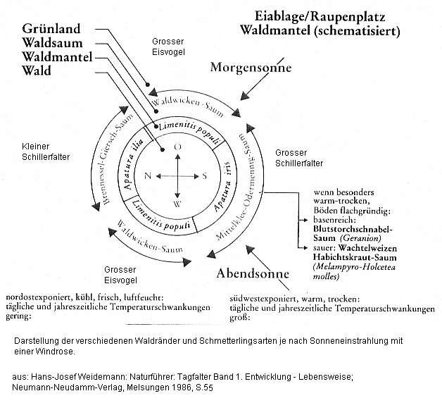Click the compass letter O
177,145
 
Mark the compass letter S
204,175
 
